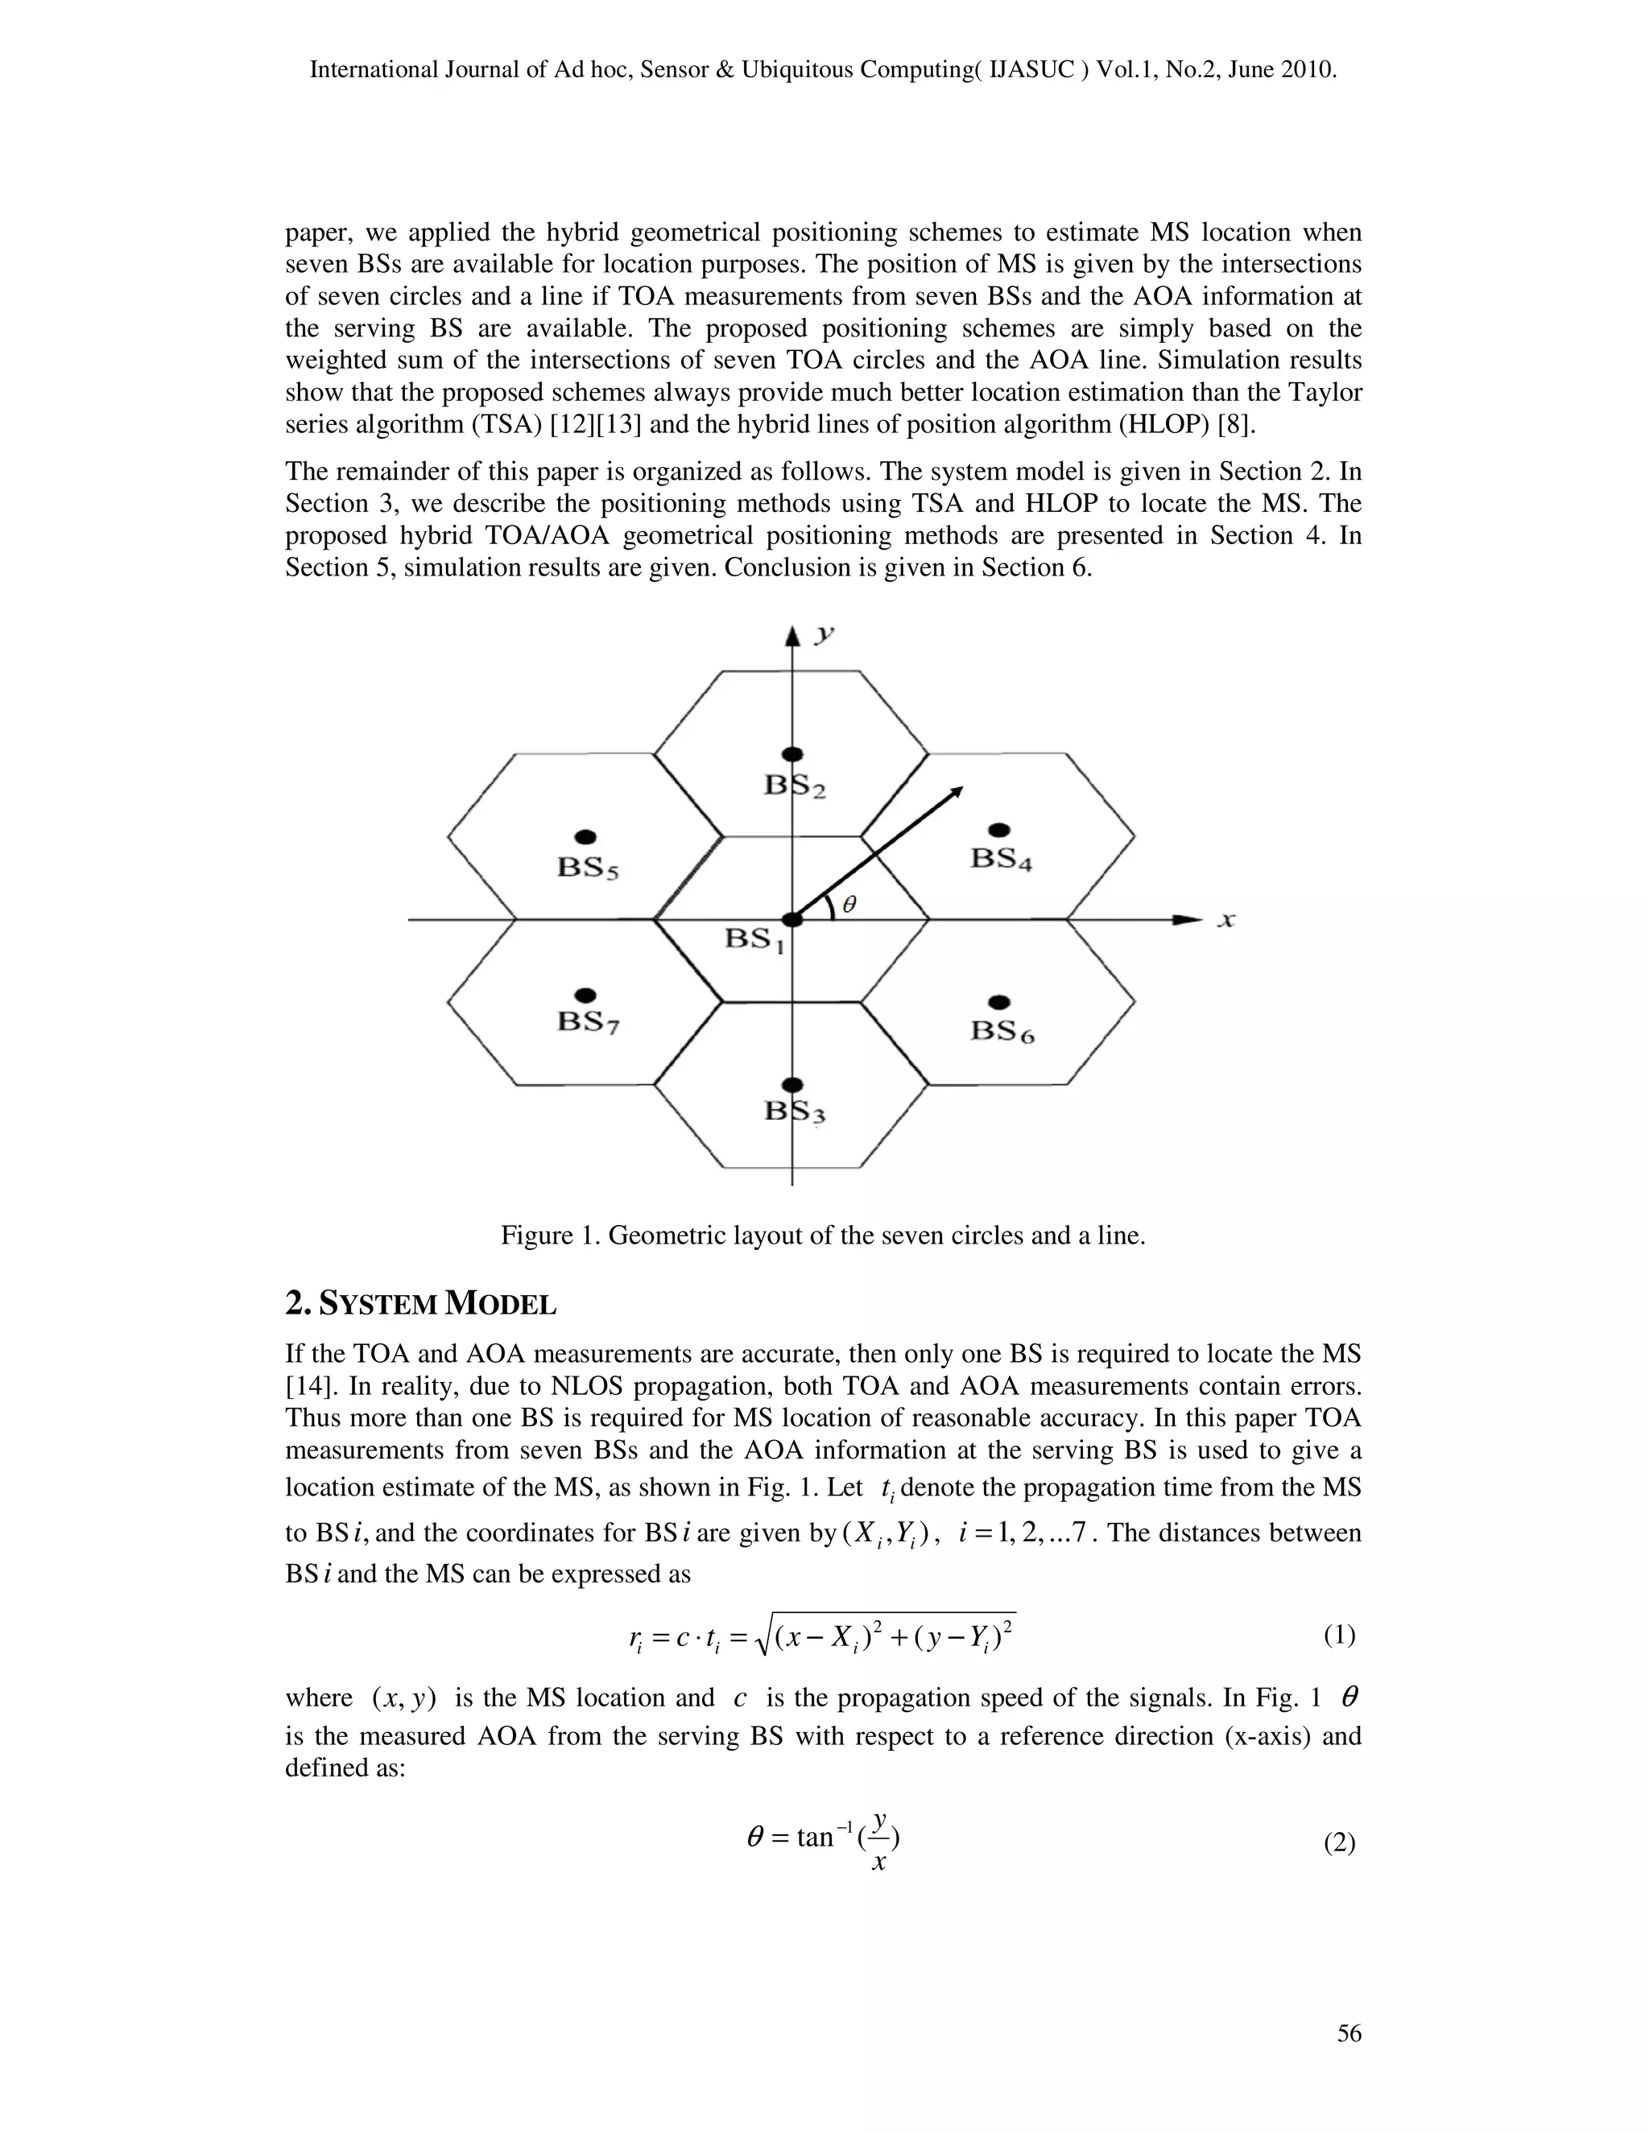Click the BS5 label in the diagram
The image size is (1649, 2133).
pos(587,867)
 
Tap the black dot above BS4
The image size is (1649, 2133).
pos(998,830)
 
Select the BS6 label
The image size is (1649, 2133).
pos(1002,1031)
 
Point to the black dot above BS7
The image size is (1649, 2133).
pos(585,995)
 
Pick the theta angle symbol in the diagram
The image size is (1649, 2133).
pos(849,906)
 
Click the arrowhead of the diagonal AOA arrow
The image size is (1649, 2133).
pos(957,792)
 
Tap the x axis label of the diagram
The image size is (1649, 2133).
pos(1227,920)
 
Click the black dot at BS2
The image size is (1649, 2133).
pos(793,754)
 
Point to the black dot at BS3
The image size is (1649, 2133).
pos(793,1085)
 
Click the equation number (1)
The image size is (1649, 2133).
pos(1339,1635)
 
